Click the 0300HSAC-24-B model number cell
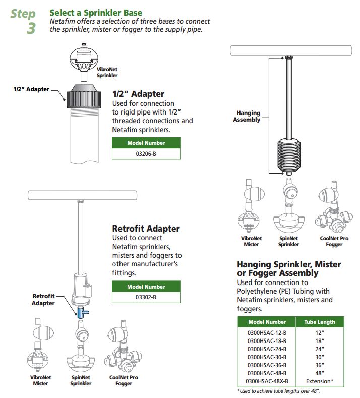pos(267,349)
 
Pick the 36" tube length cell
pos(319,365)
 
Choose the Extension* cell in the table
pos(319,381)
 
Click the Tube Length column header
pos(319,322)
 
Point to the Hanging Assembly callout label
pos(247,117)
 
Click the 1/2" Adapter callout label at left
pos(31,89)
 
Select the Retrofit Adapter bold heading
pos(145,229)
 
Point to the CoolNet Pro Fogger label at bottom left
pos(124,380)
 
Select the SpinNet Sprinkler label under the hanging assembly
pos(288,241)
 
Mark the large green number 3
pos(31,28)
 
